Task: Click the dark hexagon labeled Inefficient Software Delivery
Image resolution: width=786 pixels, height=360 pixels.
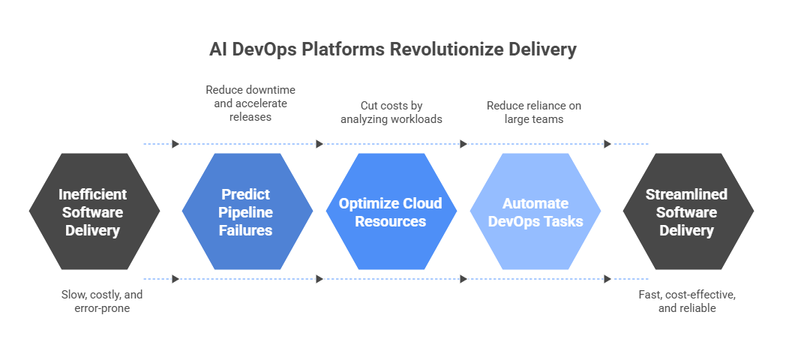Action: [94, 211]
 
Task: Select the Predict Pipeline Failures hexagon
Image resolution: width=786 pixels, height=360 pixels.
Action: [247, 211]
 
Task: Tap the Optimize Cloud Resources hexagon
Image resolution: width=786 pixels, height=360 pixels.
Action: [391, 211]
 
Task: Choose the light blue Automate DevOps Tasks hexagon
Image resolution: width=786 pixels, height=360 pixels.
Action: [535, 211]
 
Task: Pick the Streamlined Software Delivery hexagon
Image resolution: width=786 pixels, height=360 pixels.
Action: [687, 211]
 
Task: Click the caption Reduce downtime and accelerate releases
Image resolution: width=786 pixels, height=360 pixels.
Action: [247, 103]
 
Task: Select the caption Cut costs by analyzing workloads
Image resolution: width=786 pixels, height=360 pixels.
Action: [391, 112]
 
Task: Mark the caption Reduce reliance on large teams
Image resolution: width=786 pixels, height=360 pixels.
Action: [534, 112]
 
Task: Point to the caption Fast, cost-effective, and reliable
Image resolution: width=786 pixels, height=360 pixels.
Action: [686, 301]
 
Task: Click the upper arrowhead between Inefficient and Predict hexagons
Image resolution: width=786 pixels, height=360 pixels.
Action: [175, 144]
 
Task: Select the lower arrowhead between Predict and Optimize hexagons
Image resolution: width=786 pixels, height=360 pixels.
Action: [319, 279]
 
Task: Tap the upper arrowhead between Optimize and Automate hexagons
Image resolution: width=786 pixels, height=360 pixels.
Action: [463, 144]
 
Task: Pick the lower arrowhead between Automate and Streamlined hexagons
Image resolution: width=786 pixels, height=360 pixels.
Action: [607, 279]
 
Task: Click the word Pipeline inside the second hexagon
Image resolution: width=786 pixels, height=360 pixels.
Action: [246, 212]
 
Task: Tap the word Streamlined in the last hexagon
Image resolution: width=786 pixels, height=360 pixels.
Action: [686, 194]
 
